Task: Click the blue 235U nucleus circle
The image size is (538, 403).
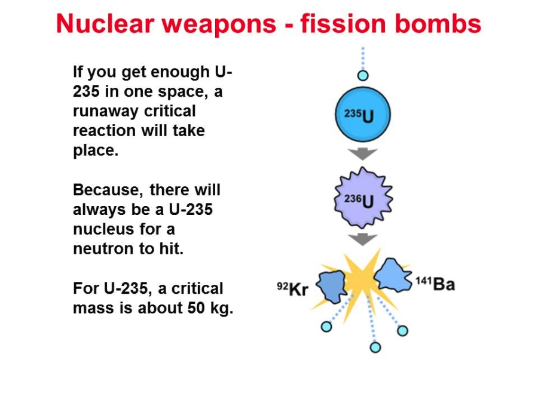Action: coord(363,115)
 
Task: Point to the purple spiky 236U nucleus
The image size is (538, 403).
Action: coord(363,198)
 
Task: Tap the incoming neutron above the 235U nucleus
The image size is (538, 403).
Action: coord(363,75)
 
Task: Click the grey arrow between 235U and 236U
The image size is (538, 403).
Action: coord(363,154)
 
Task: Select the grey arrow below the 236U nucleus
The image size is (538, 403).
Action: coord(363,239)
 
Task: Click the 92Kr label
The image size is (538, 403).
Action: coord(293,288)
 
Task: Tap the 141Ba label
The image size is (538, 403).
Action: coord(435,284)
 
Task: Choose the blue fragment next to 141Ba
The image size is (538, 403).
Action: coord(393,276)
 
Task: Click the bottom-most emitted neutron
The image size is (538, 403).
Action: coord(375,347)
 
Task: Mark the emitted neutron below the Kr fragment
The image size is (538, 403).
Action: coord(326,327)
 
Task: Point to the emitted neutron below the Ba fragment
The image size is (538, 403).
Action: coord(402,331)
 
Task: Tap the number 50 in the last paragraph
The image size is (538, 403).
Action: coord(196,307)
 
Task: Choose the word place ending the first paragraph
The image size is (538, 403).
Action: coord(96,151)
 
